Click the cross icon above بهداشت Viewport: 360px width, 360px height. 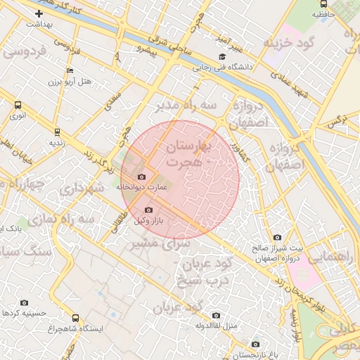coord(39,13)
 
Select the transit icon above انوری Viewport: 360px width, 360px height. coord(18,105)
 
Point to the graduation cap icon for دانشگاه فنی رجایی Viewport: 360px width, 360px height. coord(222,57)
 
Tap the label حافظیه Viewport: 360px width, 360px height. coord(323,14)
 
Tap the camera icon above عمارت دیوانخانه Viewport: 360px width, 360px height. coord(142,176)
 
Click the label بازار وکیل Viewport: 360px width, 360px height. coord(148,221)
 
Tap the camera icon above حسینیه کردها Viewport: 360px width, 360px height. coord(25,302)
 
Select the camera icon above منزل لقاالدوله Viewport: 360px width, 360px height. coord(215,315)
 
